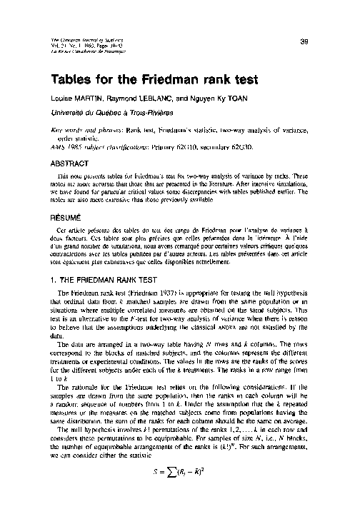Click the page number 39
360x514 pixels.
[x=304, y=41]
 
